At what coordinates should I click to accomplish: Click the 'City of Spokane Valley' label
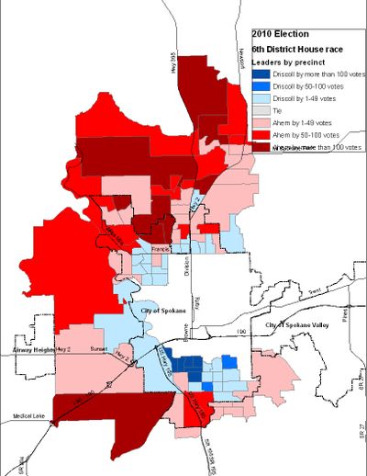click(x=296, y=326)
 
